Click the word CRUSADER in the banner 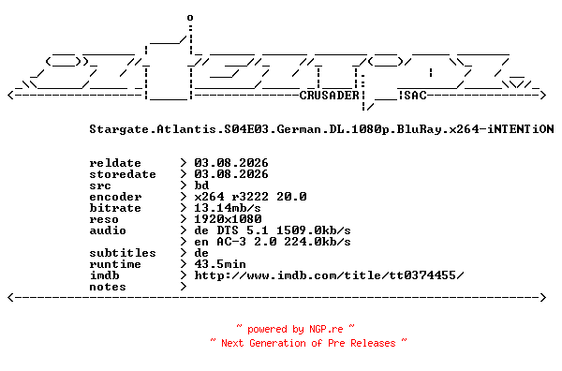click(329, 96)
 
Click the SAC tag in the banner click(416, 96)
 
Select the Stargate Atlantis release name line click(321, 129)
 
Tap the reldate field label click(115, 163)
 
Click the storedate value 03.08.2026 click(231, 174)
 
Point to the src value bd click(201, 185)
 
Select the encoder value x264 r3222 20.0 click(250, 197)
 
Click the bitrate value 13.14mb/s click(228, 208)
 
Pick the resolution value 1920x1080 click(228, 219)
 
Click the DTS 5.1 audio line click(273, 230)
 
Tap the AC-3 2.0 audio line click(273, 242)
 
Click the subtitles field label click(123, 253)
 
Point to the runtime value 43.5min click(220, 264)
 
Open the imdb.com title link click(329, 275)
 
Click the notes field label click(108, 287)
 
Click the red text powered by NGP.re click(295, 329)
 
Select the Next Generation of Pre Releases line click(308, 343)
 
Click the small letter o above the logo click(190, 17)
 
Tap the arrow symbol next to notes click(184, 287)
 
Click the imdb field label click(104, 275)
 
